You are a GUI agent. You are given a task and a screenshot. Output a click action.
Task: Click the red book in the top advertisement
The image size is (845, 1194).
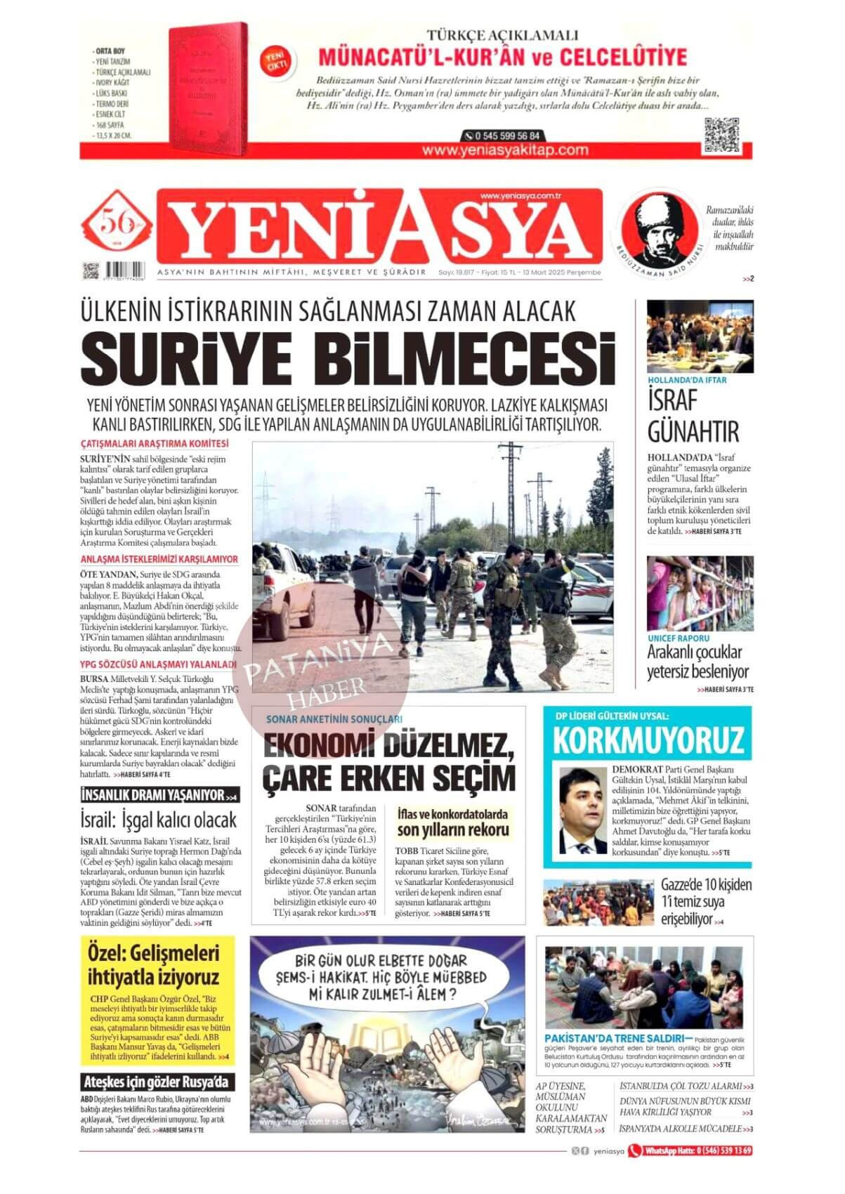coord(207,88)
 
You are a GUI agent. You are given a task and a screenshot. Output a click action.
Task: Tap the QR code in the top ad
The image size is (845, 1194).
coord(721,135)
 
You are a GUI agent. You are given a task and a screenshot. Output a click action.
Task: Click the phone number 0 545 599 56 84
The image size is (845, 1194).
coord(502,136)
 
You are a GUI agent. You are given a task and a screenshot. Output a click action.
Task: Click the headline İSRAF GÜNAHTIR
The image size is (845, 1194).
coord(683,415)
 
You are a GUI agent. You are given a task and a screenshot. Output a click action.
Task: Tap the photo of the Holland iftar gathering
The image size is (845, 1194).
coord(700,336)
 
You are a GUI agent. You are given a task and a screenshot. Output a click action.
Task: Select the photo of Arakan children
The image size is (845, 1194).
coord(700,593)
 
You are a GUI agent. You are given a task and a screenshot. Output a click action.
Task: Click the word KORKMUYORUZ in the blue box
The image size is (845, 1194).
coord(648,740)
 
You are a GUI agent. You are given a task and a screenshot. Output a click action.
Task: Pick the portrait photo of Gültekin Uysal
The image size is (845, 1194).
coord(583,810)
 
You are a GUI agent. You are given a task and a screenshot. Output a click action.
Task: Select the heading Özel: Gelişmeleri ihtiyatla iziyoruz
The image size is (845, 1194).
coord(154,964)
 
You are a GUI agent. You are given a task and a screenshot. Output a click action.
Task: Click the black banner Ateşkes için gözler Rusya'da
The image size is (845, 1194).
coord(157,1082)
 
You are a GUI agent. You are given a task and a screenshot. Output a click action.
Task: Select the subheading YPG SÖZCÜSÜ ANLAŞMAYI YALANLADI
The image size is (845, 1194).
coord(157,664)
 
